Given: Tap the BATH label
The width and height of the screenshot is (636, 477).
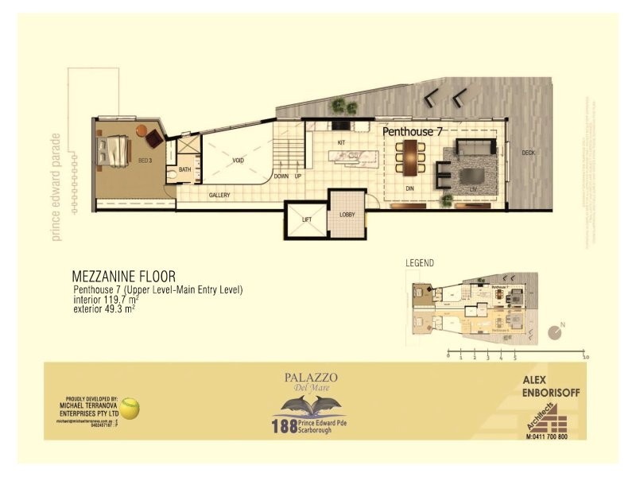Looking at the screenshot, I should pos(184,169).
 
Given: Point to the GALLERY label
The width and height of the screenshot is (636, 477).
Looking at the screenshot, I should pos(219,195).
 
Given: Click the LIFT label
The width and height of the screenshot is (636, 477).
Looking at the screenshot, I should pos(307,219).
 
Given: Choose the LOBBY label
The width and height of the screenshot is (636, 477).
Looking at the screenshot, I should pos(347,215).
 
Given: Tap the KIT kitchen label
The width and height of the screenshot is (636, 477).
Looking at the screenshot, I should pos(342,142).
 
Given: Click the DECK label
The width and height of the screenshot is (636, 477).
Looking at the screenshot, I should pos(528,153).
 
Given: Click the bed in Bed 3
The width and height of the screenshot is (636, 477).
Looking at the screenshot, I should pos(114,150).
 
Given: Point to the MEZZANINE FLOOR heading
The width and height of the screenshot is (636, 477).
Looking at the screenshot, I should pos(123,277).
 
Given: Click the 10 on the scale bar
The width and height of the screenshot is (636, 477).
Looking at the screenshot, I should pos(585,358).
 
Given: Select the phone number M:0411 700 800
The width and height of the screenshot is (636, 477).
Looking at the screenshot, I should pos(547,436).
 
